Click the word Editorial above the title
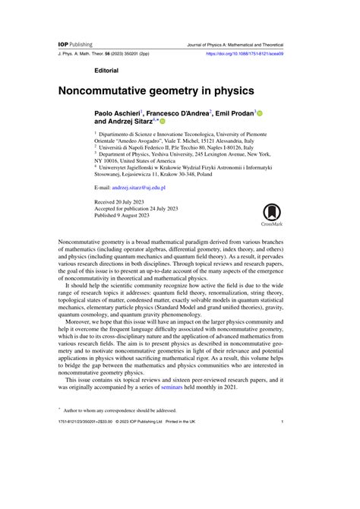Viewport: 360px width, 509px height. [x=106, y=70]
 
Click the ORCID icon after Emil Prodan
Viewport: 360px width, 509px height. [x=259, y=112]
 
